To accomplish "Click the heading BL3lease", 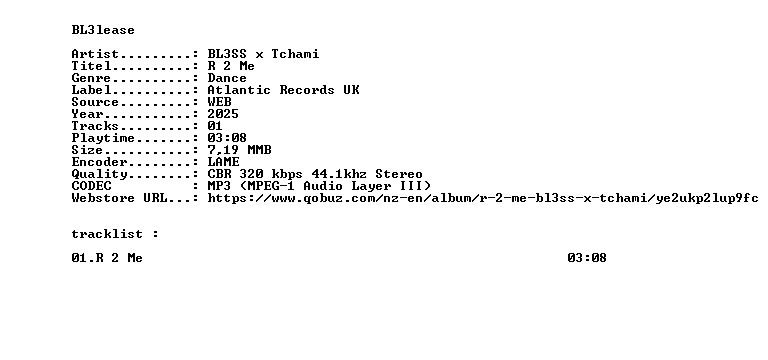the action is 103,30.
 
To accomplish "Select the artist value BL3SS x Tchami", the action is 263,54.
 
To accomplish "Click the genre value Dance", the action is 227,78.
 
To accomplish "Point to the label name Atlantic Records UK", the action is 283,90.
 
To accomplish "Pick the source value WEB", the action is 219,102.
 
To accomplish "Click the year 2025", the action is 223,114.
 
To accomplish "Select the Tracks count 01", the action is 215,126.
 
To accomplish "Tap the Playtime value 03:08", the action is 227,138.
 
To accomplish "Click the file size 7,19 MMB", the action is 239,150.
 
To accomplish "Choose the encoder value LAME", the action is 223,162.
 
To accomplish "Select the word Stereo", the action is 399,174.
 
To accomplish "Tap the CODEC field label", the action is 92,186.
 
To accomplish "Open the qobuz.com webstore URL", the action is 483,198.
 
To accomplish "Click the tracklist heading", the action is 107,234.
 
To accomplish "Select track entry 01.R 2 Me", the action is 107,258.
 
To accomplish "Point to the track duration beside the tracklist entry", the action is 587,258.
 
